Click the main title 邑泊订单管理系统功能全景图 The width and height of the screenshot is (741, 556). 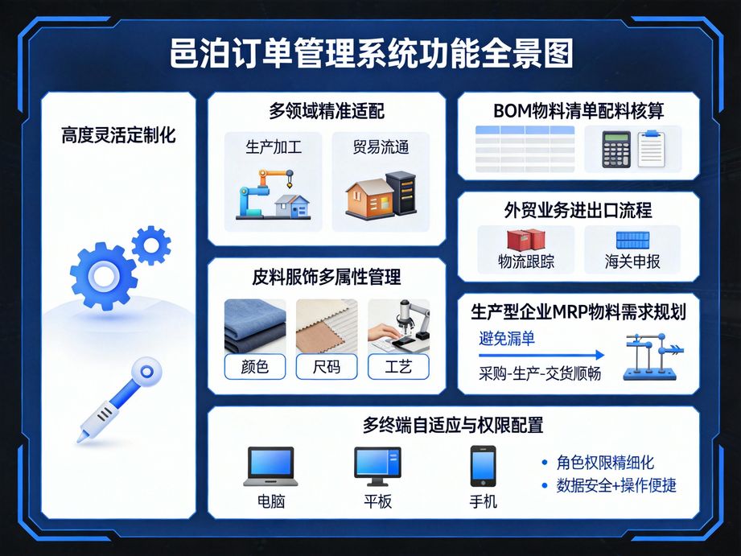(x=371, y=56)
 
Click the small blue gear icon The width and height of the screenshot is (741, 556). (x=150, y=245)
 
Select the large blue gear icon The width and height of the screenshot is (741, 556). (x=103, y=276)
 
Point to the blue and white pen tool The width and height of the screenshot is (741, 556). (x=118, y=401)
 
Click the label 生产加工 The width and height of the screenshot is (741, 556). (x=274, y=148)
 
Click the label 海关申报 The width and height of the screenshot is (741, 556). (x=632, y=262)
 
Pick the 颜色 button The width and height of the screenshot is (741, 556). (x=254, y=367)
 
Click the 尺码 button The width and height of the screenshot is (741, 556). (x=326, y=367)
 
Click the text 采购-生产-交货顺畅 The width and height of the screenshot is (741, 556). (x=539, y=373)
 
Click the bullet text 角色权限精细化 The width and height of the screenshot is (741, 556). (x=605, y=463)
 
